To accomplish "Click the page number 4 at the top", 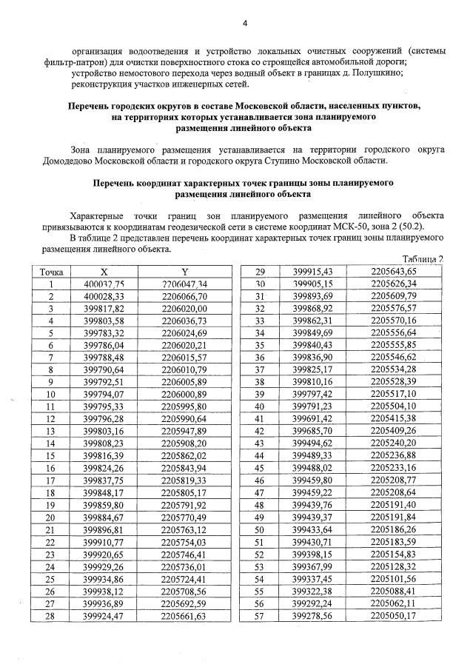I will click(x=244, y=24).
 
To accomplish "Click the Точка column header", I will click(x=51, y=272).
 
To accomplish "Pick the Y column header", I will click(x=184, y=272).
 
